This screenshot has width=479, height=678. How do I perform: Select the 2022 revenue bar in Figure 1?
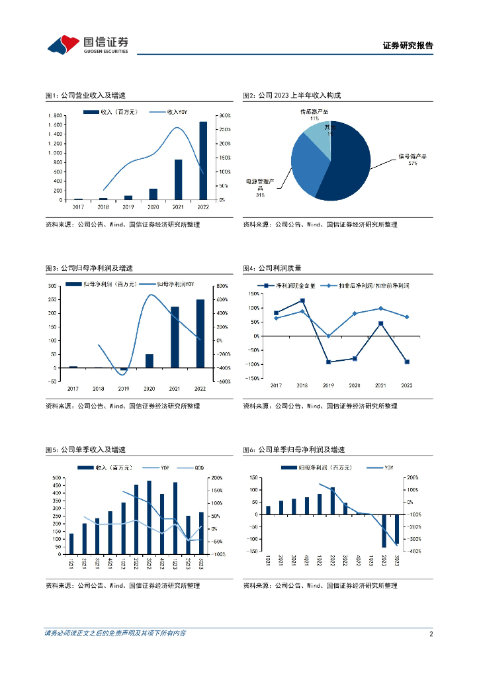click(203, 160)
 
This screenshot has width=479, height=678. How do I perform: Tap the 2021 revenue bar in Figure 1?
click(178, 179)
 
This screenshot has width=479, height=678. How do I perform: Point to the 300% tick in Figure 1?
click(224, 115)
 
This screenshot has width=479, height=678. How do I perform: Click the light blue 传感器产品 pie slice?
click(316, 134)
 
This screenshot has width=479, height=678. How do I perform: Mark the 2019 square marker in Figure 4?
click(327, 362)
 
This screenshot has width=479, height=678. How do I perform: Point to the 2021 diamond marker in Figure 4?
click(380, 309)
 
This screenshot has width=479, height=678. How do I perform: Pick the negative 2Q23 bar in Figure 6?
click(384, 531)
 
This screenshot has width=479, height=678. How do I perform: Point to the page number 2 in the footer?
click(431, 634)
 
